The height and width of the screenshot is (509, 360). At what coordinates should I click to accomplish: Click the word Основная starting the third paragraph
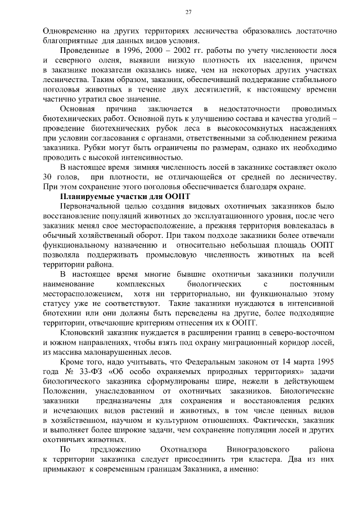[x=76, y=107]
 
